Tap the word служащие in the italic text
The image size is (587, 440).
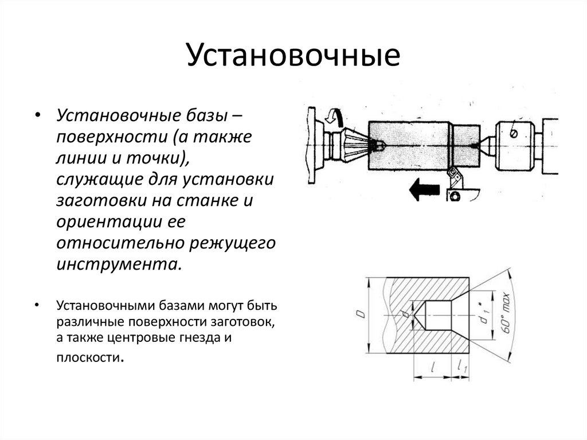94,180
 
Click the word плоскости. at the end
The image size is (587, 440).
89,357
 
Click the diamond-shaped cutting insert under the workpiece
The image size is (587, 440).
454,174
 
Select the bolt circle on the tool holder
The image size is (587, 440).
455,196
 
